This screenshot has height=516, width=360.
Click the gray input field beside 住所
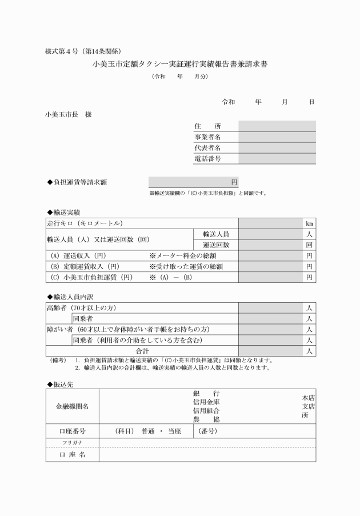click(x=277, y=126)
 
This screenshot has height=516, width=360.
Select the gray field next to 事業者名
click(x=277, y=137)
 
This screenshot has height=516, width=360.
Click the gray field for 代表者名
click(x=277, y=148)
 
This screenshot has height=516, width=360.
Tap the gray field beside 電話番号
click(x=277, y=159)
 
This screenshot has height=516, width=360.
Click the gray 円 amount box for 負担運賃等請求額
click(x=193, y=182)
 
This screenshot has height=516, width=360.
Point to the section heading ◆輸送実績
click(x=63, y=213)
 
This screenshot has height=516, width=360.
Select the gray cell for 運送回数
click(x=271, y=245)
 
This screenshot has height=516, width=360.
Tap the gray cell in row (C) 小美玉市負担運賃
click(x=271, y=278)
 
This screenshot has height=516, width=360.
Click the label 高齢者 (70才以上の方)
click(x=81, y=308)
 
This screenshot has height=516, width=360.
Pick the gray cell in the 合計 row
click(x=271, y=351)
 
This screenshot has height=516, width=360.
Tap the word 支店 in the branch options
click(x=309, y=406)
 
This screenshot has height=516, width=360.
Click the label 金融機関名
click(x=72, y=406)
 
